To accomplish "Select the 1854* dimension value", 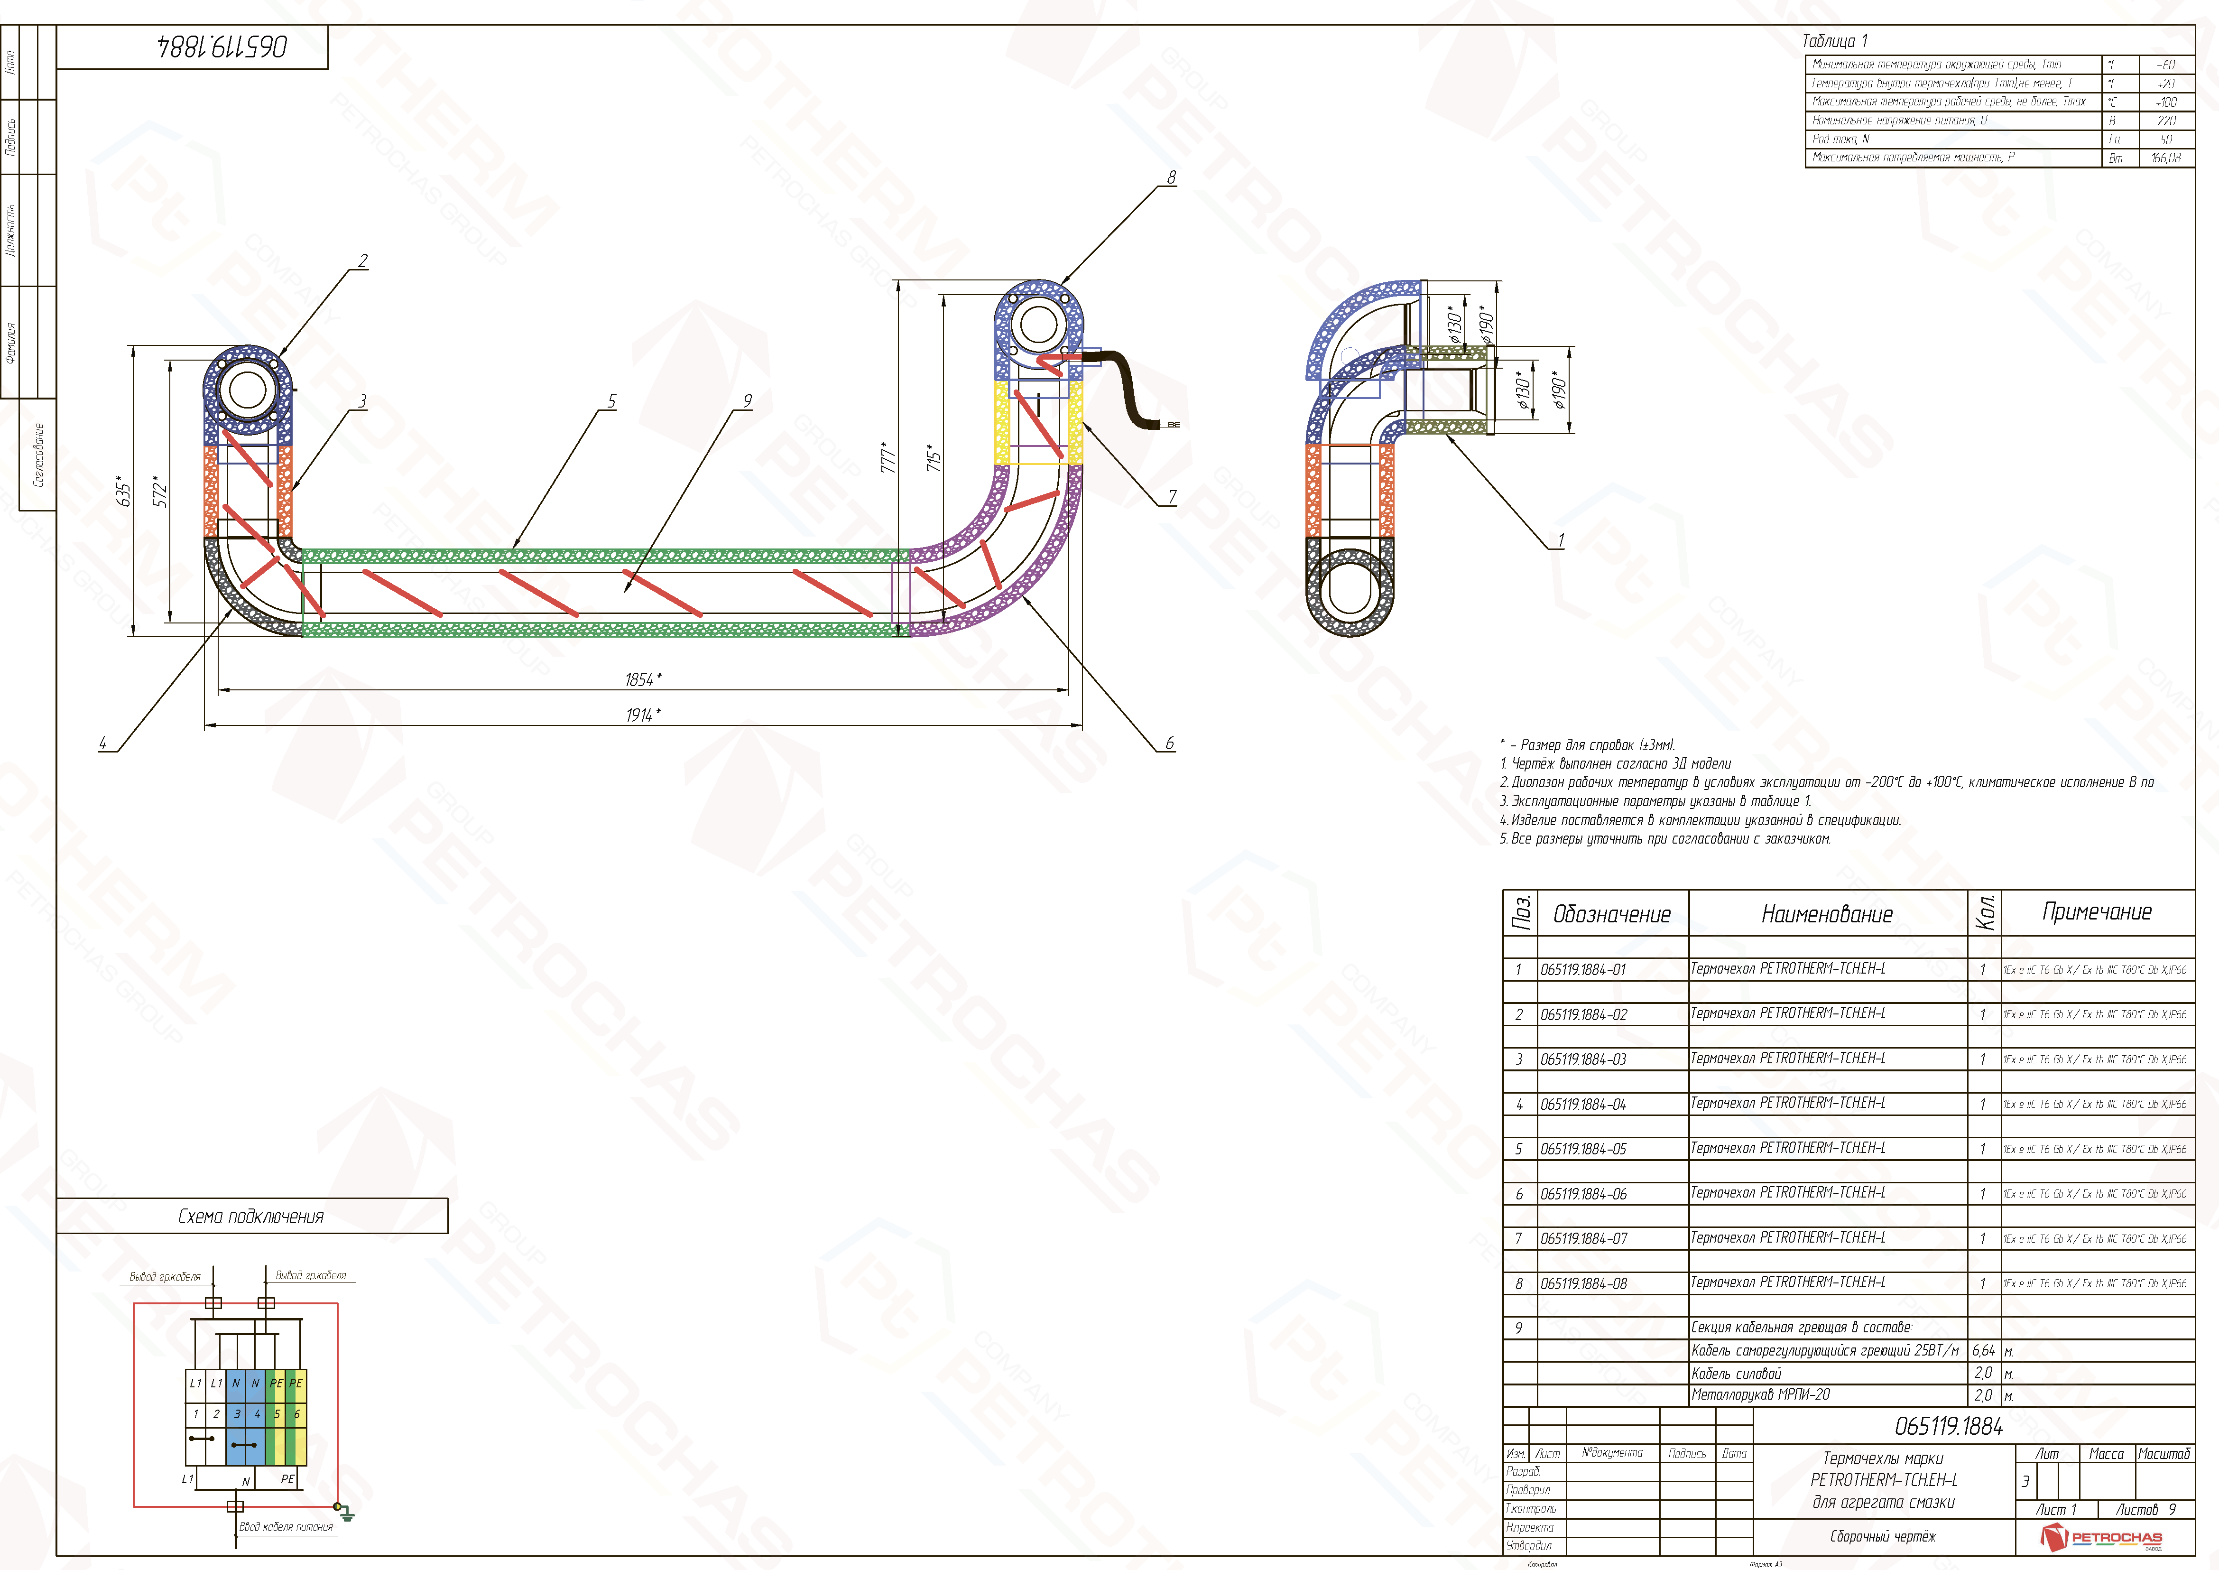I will coord(643,679).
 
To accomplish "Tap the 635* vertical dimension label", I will coord(123,491).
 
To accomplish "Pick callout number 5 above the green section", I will coord(612,401).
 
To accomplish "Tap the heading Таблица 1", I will coord(1834,41).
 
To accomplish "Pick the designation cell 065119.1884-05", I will coord(1583,1150).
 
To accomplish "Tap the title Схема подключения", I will coord(251,1216).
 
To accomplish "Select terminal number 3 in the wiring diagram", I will coord(237,1413).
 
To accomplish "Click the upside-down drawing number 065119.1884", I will coord(222,46).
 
